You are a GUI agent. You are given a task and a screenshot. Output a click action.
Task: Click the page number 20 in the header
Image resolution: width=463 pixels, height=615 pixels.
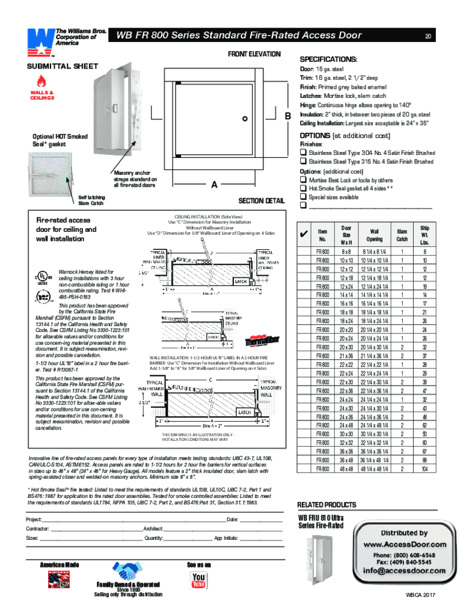[x=428, y=36]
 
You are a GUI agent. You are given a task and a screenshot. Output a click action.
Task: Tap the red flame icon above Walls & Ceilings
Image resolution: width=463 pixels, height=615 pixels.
[x=41, y=81]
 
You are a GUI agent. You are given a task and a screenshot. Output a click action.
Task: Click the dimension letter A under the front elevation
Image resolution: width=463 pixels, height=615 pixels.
[x=213, y=186]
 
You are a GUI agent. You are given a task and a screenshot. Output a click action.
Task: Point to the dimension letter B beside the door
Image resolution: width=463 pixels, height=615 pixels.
[x=287, y=115]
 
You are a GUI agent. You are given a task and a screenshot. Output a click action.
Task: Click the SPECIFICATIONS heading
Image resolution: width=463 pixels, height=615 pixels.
[x=328, y=60]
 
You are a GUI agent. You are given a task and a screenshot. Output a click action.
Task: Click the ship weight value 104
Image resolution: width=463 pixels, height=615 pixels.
[x=424, y=468]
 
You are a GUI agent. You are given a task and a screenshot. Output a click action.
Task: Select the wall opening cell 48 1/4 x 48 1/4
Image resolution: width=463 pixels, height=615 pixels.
[x=375, y=468]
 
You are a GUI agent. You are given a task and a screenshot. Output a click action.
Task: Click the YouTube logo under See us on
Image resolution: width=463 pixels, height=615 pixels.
[x=198, y=580]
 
